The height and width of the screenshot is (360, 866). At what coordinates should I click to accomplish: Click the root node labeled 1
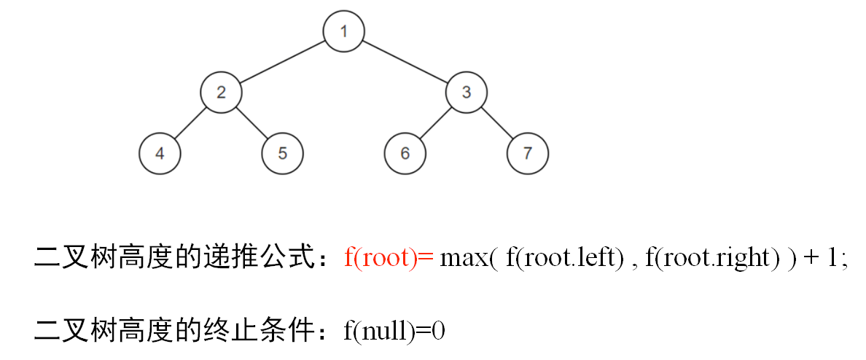point(343,31)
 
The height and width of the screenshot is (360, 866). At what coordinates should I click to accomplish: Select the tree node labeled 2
point(221,93)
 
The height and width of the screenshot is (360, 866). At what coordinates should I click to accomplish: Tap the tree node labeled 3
point(467,93)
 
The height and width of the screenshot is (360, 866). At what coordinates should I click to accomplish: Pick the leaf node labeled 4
point(159,154)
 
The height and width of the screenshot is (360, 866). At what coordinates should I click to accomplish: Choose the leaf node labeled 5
point(282,154)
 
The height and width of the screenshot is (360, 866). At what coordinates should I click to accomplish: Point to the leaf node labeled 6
point(405,154)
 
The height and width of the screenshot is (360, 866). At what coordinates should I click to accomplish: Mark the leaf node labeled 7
point(528,154)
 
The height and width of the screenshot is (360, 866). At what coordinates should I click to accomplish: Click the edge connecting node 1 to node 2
point(282,62)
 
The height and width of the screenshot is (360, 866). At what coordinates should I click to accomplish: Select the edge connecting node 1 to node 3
point(405,62)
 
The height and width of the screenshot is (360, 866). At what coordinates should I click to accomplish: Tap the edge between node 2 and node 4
point(190,123)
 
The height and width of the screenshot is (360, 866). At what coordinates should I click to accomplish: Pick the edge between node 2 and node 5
point(251,123)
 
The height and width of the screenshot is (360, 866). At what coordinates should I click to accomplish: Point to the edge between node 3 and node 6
point(436,123)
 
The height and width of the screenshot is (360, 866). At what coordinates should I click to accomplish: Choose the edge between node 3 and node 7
point(497,123)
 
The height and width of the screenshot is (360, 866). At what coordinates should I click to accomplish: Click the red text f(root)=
point(389,259)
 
